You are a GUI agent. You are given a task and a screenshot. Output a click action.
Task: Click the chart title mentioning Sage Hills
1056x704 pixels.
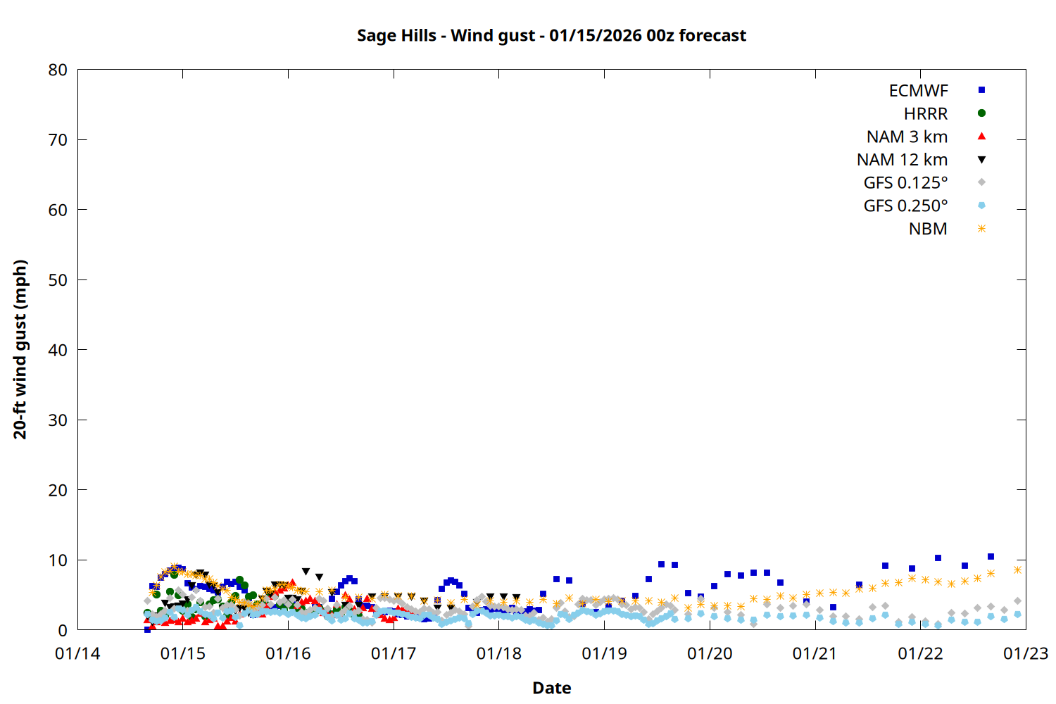(x=551, y=35)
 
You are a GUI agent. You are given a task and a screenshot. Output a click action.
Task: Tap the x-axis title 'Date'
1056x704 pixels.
(x=551, y=688)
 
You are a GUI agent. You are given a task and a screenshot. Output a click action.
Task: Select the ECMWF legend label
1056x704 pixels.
(x=918, y=91)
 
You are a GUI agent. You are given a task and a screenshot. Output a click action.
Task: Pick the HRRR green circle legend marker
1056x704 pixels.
(x=981, y=113)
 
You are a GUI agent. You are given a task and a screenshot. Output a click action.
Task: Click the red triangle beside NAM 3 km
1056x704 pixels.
(x=981, y=137)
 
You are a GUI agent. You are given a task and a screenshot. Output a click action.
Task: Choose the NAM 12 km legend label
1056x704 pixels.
(x=902, y=160)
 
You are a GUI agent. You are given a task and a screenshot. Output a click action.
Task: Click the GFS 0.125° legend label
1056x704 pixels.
(x=905, y=183)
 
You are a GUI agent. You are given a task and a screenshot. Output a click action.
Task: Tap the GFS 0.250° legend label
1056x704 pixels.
(x=905, y=206)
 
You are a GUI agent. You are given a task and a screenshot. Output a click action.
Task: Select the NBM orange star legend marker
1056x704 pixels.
(x=981, y=229)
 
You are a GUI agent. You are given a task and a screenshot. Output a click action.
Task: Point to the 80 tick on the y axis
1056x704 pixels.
(x=58, y=70)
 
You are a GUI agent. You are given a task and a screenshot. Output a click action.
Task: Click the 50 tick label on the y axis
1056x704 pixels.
(x=58, y=279)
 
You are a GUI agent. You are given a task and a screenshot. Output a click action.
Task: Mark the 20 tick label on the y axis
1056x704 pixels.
(x=58, y=490)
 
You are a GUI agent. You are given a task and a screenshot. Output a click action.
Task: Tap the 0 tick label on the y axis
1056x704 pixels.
(x=63, y=630)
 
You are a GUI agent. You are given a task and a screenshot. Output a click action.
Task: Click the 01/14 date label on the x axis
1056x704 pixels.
(x=77, y=653)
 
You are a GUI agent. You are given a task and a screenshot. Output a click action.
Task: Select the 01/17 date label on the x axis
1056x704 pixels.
(x=394, y=653)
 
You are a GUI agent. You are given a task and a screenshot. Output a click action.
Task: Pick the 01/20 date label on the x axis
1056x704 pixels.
(x=710, y=653)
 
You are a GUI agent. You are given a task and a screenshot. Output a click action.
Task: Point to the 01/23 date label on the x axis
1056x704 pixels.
(x=1026, y=653)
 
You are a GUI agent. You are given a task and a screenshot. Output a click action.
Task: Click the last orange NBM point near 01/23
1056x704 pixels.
(x=1017, y=570)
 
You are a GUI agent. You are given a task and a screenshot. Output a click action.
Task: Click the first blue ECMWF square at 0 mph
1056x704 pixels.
(x=147, y=629)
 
